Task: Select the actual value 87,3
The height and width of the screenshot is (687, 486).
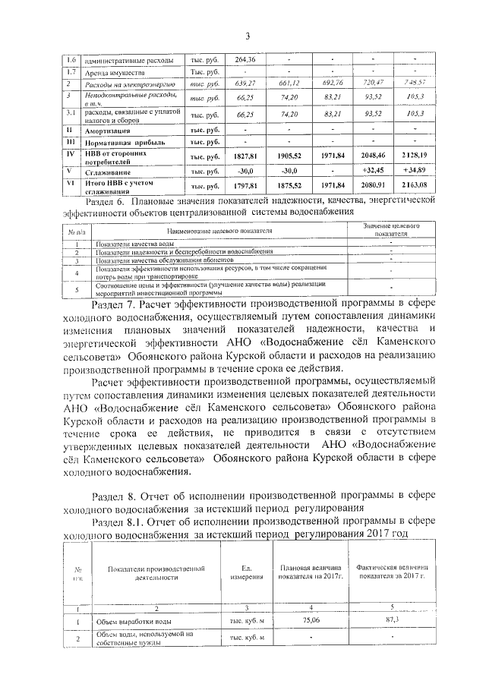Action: tap(393, 620)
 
